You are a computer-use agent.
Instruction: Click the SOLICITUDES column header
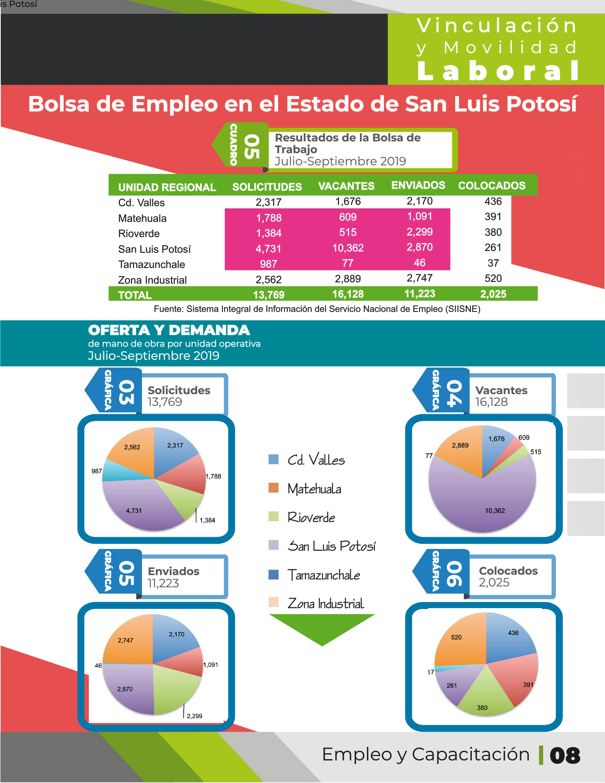tap(267, 187)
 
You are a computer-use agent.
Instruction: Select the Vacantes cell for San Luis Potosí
tap(348, 248)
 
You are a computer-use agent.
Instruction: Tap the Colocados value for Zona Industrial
tap(493, 278)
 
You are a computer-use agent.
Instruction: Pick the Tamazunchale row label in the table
tap(151, 264)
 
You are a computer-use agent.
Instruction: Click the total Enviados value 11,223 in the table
tap(420, 294)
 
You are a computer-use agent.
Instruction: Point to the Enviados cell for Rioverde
tap(420, 232)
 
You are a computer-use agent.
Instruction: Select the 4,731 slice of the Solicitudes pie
tap(139, 505)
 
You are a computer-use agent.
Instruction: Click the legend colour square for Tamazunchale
tap(274, 575)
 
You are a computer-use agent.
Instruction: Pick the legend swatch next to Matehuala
tap(274, 488)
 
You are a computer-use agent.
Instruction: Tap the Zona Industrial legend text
tap(326, 603)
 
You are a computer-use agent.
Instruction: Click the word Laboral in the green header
tap(498, 71)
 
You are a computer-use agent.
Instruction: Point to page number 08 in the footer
tap(565, 756)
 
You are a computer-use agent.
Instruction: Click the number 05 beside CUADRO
tap(252, 147)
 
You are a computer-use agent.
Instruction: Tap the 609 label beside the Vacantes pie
tap(524, 438)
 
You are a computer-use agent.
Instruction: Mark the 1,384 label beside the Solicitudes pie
tap(207, 520)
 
